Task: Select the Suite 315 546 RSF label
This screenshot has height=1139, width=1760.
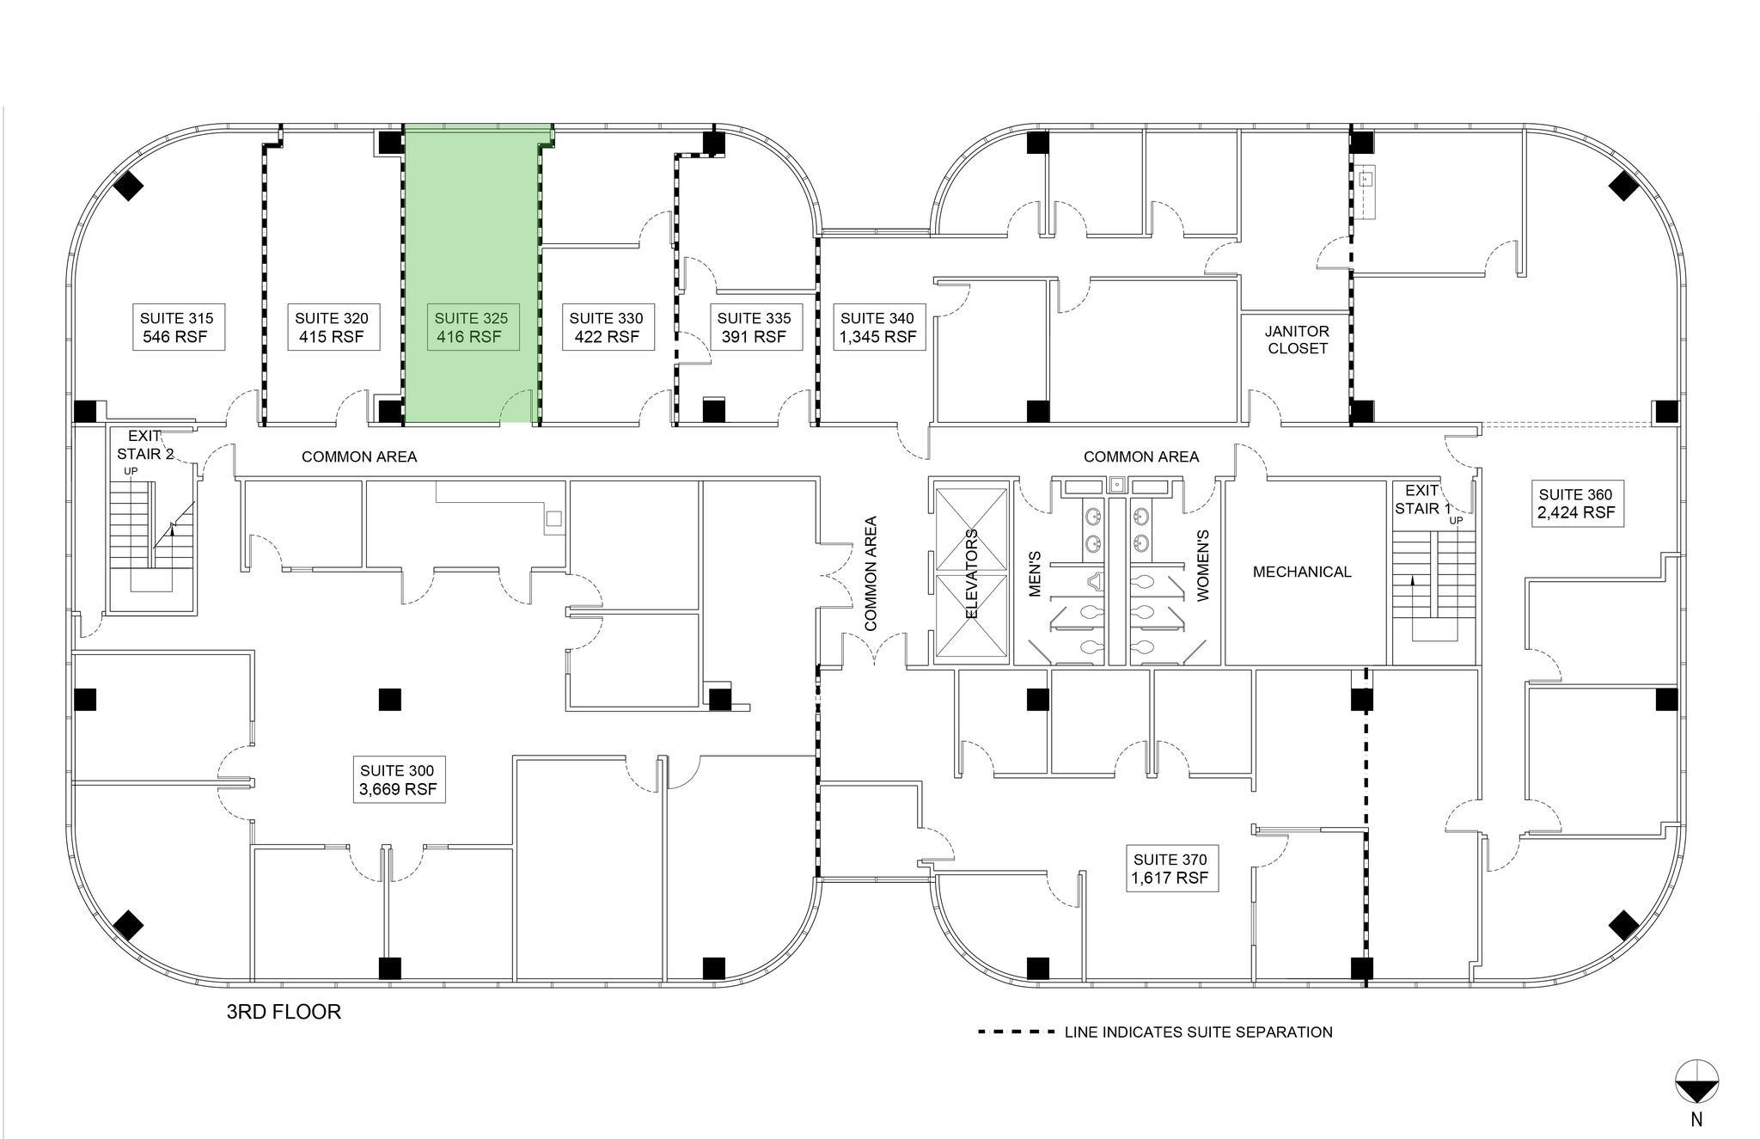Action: point(176,328)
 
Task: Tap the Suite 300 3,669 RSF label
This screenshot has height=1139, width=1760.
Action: point(398,780)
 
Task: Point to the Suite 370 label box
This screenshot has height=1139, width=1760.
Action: point(1170,868)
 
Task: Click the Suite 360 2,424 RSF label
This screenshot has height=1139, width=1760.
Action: point(1576,504)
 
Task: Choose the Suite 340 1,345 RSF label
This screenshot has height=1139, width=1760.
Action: point(877,328)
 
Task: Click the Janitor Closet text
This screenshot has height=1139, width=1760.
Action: point(1297,340)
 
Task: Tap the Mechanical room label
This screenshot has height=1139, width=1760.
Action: point(1301,572)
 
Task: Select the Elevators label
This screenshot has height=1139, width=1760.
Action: point(972,573)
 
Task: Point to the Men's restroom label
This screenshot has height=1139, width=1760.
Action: point(1035,573)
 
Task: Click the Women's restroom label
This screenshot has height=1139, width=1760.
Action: point(1202,565)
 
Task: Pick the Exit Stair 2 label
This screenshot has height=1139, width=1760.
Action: point(144,445)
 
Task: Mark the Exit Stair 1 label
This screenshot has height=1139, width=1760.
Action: point(1422,499)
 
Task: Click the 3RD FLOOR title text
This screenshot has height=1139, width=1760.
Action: point(284,1012)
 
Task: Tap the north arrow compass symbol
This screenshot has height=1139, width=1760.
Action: point(1696,1082)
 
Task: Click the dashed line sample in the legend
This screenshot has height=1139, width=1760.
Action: point(1016,1032)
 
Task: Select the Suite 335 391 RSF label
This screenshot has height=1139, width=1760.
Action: point(754,328)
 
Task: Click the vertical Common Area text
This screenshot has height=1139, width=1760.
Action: point(871,573)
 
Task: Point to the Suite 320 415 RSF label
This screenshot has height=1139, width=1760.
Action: point(331,328)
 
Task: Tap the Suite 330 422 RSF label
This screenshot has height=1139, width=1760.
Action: point(606,328)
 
